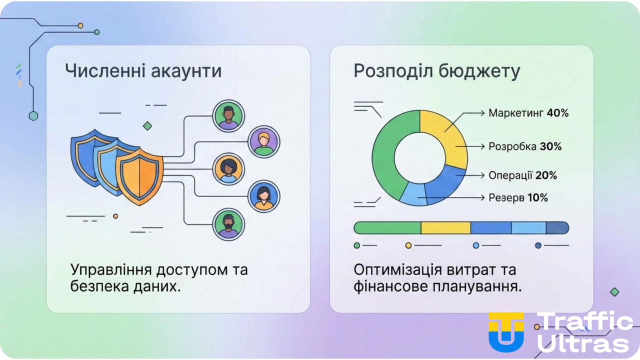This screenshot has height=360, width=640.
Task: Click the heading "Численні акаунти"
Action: [143, 71]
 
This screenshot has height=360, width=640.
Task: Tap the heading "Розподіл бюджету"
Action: [437, 71]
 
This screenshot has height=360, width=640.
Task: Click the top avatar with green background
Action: [228, 116]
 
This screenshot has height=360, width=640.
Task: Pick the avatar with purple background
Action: [264, 141]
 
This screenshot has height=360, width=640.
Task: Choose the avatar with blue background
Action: [264, 196]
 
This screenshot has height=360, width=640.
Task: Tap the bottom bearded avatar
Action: [228, 225]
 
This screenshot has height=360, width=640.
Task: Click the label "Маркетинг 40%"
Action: [528, 113]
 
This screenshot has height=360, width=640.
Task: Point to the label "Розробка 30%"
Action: [525, 146]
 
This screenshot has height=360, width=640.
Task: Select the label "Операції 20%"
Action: [522, 175]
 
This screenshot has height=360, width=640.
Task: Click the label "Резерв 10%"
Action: [518, 197]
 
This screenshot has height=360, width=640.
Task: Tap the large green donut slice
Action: [385, 155]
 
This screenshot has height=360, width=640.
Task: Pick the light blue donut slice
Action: [414, 193]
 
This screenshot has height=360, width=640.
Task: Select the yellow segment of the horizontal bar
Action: [445, 228]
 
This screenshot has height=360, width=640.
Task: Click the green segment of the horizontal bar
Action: [387, 228]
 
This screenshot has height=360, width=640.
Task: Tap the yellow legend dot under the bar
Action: [408, 245]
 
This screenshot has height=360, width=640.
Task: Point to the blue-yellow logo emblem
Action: [506, 331]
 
